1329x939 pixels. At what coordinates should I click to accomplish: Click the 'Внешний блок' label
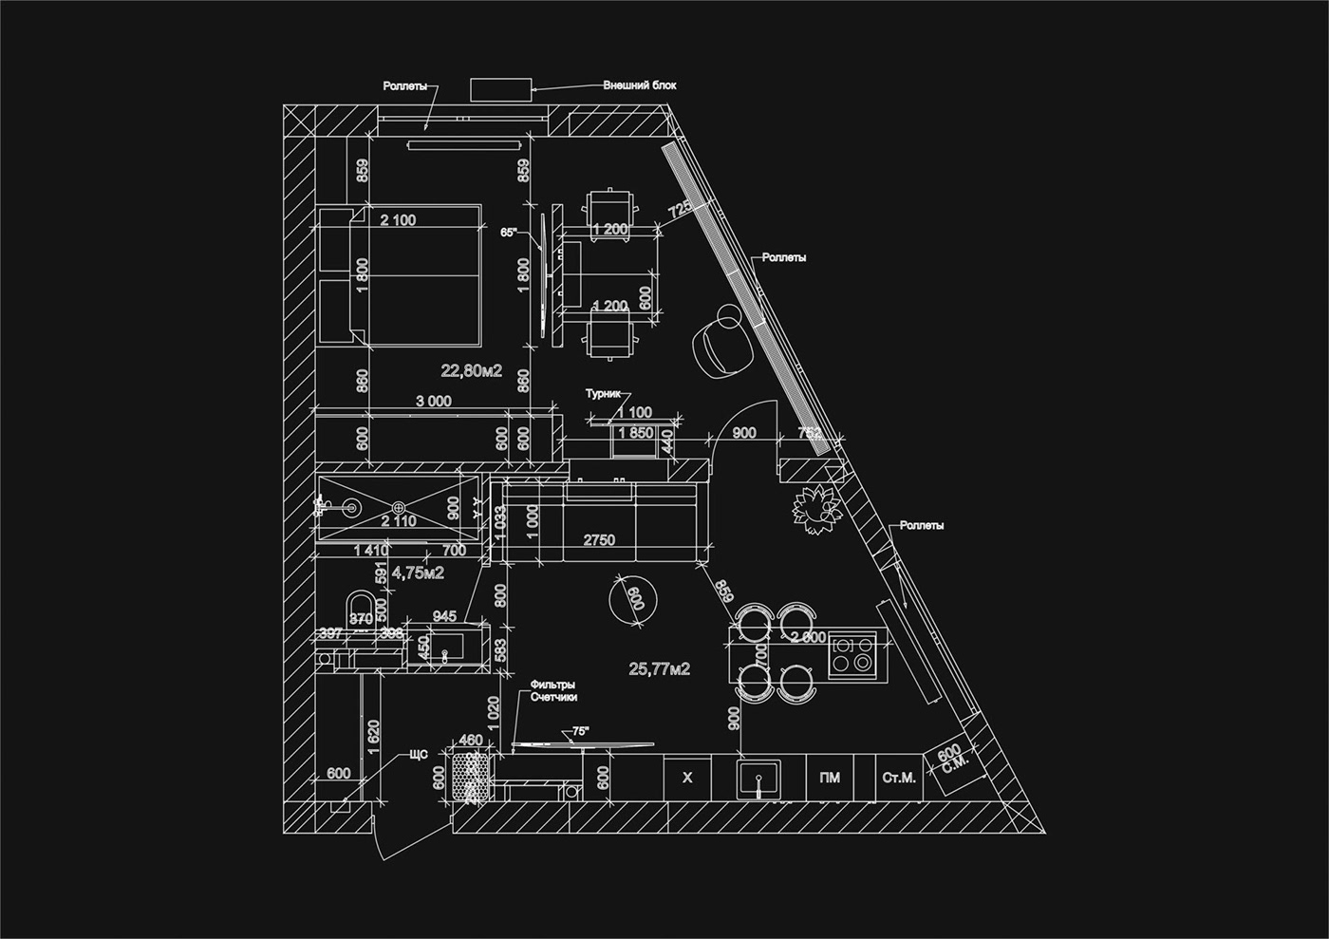640,85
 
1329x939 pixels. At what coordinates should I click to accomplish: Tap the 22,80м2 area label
471,370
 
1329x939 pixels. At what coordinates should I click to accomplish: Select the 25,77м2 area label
660,669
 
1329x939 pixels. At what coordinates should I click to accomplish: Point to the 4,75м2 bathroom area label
419,573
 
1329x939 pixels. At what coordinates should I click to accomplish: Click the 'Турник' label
602,393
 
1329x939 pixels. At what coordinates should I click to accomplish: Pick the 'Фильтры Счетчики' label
554,690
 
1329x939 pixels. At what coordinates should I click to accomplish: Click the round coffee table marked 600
635,599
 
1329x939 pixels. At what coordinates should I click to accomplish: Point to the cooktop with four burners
852,654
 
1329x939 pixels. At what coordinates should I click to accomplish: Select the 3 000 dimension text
433,402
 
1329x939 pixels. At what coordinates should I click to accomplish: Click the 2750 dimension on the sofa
599,540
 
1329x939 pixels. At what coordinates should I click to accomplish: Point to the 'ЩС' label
419,755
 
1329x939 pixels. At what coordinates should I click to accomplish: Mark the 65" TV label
510,232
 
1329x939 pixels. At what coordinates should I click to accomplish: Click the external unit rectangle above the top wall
501,88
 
